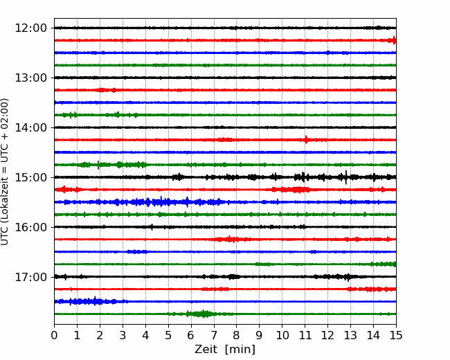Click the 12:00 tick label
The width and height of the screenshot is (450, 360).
point(30,28)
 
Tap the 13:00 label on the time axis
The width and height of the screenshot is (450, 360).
point(30,78)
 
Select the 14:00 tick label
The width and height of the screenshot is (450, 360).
point(30,127)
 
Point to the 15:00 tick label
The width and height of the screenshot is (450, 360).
point(30,177)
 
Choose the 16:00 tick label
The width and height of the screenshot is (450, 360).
point(30,227)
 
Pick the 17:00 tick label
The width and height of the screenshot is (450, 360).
point(30,277)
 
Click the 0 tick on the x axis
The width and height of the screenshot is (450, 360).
point(54,335)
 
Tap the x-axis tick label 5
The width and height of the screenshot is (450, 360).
point(168,335)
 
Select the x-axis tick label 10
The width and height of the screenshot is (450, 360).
point(282,335)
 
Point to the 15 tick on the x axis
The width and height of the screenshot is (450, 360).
point(396,335)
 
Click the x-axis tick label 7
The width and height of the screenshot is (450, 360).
point(214,335)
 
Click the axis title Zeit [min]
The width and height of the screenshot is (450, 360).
point(225,350)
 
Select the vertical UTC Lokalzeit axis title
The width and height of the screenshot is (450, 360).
point(4,172)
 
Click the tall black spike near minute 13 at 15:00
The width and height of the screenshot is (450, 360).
point(346,177)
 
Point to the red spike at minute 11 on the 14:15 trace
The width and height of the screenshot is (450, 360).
point(306,140)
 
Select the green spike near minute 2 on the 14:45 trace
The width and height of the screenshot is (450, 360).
point(98,165)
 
